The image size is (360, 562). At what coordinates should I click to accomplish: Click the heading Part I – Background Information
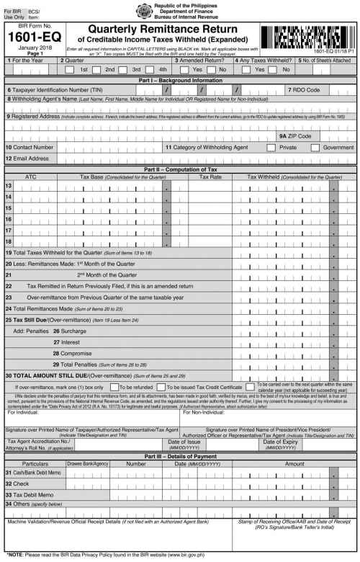(179, 81)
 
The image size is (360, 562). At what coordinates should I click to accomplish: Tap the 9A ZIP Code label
(295, 135)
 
